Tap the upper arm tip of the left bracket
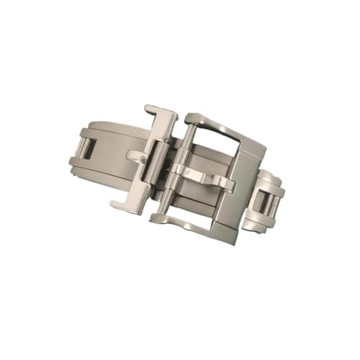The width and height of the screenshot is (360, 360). click(x=156, y=112)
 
